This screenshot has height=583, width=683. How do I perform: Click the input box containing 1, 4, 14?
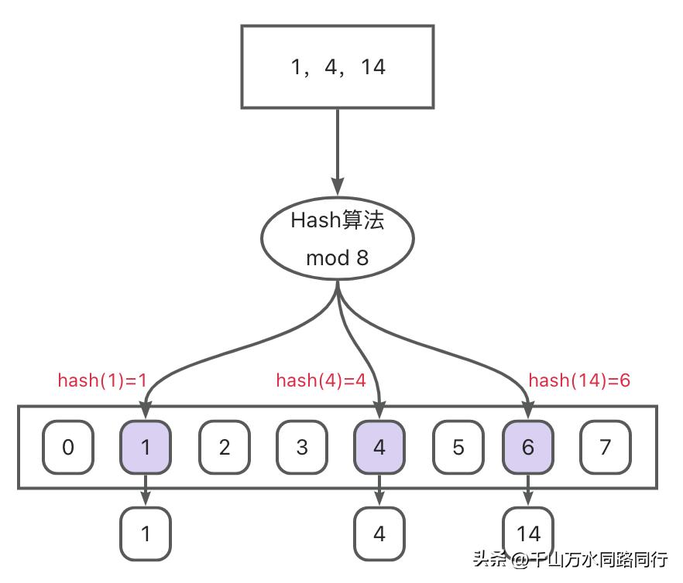coord(337,66)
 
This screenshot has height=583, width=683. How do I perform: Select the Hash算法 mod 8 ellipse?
coord(337,239)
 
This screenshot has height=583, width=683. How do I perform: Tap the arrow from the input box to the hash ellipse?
coord(337,151)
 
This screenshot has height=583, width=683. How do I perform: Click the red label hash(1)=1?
coord(102,380)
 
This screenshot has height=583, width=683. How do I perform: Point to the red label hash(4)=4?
coord(321,380)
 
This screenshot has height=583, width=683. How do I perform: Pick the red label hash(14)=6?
coord(579,380)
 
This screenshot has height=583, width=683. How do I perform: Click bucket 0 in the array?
coord(68,447)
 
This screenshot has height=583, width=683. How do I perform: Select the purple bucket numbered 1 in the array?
coord(146,447)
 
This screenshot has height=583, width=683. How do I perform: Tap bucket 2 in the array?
coord(224,447)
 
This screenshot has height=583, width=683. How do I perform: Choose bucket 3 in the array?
coord(302,447)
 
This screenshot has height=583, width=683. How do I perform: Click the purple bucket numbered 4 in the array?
coord(379,447)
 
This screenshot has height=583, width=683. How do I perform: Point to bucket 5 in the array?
coord(458,447)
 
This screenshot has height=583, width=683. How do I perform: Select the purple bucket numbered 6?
coord(528,447)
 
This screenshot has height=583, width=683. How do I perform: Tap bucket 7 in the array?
coord(606,447)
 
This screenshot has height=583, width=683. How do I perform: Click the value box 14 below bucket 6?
coord(528,533)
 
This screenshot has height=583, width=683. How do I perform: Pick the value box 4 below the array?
coord(379,533)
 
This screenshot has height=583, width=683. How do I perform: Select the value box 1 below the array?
coord(146,533)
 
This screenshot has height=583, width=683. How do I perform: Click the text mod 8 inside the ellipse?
coord(337,257)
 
